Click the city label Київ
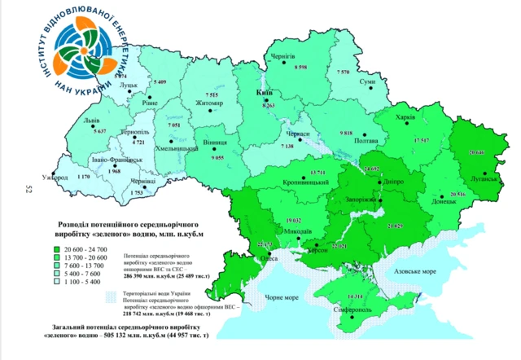tap(264, 94)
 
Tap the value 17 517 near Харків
tap(421, 140)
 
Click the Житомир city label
tap(209, 103)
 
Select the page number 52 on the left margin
tap(28, 188)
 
